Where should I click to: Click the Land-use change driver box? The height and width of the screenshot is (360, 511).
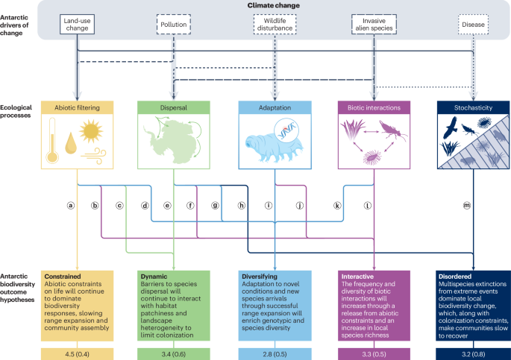point(78,28)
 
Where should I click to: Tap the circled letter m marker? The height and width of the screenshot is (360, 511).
point(467,205)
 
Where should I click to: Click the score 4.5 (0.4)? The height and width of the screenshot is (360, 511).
point(78,350)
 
